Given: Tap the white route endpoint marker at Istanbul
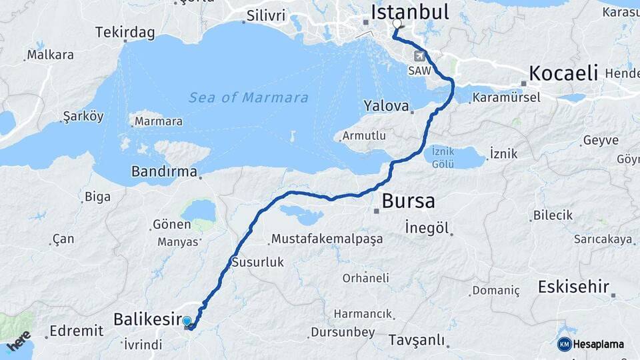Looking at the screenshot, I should [397, 24].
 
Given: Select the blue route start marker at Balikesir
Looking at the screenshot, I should [187, 321].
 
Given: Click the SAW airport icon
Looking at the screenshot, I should [419, 56].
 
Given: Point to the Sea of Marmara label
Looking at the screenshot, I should [249, 98].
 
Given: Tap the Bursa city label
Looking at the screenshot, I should [408, 201].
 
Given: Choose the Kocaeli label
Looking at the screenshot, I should [563, 73].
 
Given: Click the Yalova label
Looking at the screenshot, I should [386, 105].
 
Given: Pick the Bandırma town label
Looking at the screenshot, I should [164, 171].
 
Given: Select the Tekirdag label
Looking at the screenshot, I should [125, 32].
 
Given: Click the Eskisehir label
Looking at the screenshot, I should [573, 287].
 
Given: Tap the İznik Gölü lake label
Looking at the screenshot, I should [443, 157].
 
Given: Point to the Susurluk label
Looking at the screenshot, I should [257, 262].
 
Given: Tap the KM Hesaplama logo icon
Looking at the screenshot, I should [564, 344].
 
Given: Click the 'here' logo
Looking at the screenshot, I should [18, 341].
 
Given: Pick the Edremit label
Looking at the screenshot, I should [76, 331].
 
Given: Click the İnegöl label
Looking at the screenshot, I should [427, 227].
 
